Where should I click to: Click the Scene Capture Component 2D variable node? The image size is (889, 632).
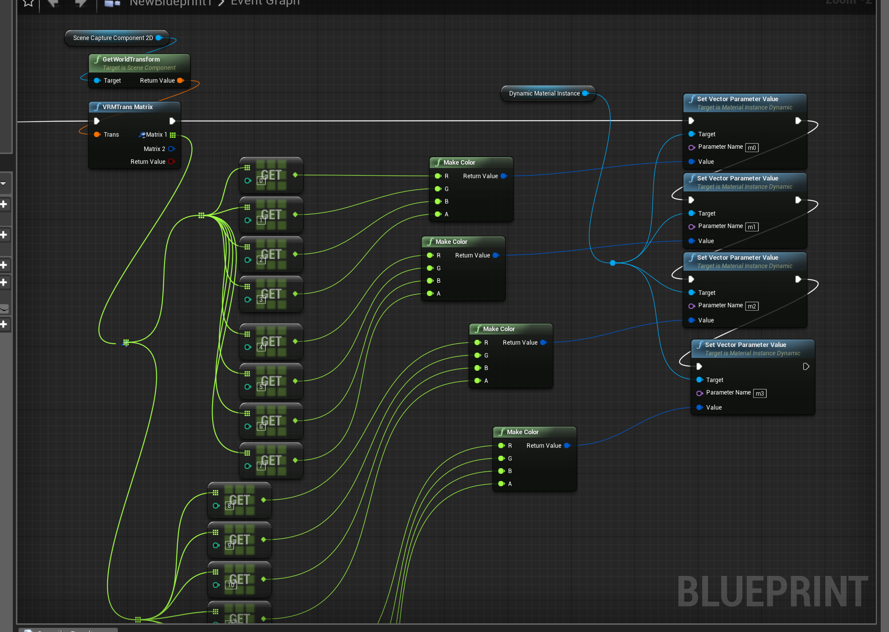pos(113,38)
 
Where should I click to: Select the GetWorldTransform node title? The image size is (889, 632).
pos(131,59)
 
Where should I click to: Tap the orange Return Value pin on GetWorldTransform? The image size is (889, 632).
pos(180,80)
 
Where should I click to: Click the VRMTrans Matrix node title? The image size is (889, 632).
pos(127,107)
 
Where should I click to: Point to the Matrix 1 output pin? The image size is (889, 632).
pos(173,135)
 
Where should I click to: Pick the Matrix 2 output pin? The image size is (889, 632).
pos(171,149)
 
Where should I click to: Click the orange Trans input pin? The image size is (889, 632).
pos(97,135)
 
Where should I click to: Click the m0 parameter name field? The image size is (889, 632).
pos(752,148)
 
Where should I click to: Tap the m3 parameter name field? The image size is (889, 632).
pos(760,393)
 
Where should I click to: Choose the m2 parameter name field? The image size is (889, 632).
pos(752,306)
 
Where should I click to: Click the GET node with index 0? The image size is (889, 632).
pos(271,175)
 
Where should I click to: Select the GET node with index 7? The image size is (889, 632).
pos(271,460)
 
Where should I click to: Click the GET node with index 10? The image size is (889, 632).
pos(239,580)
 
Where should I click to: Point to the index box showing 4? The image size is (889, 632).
pos(261,347)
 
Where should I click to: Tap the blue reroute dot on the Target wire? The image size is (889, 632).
pos(613,263)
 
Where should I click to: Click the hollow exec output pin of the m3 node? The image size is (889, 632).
pos(806,367)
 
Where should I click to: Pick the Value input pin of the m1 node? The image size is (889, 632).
pos(692,241)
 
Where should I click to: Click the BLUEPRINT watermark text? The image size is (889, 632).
pos(772,591)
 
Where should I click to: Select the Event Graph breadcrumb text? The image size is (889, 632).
pos(265,3)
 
